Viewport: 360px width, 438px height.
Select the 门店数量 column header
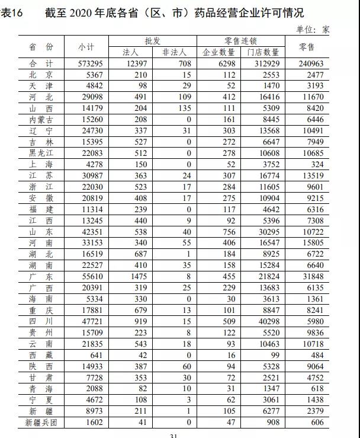pyautogui.click(x=263, y=52)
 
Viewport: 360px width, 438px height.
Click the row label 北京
pyautogui.click(x=41, y=75)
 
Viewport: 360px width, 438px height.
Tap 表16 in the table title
pyautogui.click(x=11, y=13)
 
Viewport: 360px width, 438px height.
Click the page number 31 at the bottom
pyautogui.click(x=174, y=436)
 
